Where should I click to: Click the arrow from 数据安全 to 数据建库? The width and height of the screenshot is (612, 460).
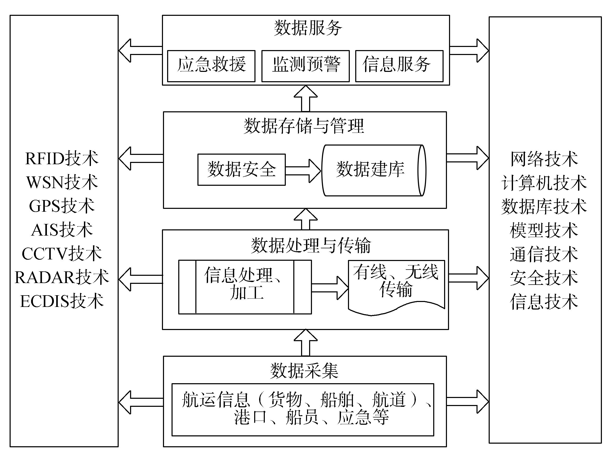point(303,171)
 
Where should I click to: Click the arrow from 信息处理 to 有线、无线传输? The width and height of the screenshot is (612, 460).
point(330,288)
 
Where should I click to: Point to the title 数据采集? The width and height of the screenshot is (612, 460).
point(304,370)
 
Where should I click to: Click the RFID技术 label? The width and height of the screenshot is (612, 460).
point(62,159)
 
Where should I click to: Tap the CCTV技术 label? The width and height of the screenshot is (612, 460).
point(62,253)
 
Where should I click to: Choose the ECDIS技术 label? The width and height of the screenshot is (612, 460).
point(62,301)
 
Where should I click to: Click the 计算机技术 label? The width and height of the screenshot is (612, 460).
point(544,183)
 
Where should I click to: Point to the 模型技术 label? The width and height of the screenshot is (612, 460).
point(544,230)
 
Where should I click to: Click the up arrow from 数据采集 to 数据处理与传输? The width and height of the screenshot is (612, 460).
point(305,342)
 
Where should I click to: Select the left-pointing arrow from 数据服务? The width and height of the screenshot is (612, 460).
point(140,50)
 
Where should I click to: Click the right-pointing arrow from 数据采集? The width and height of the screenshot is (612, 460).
point(468,402)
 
